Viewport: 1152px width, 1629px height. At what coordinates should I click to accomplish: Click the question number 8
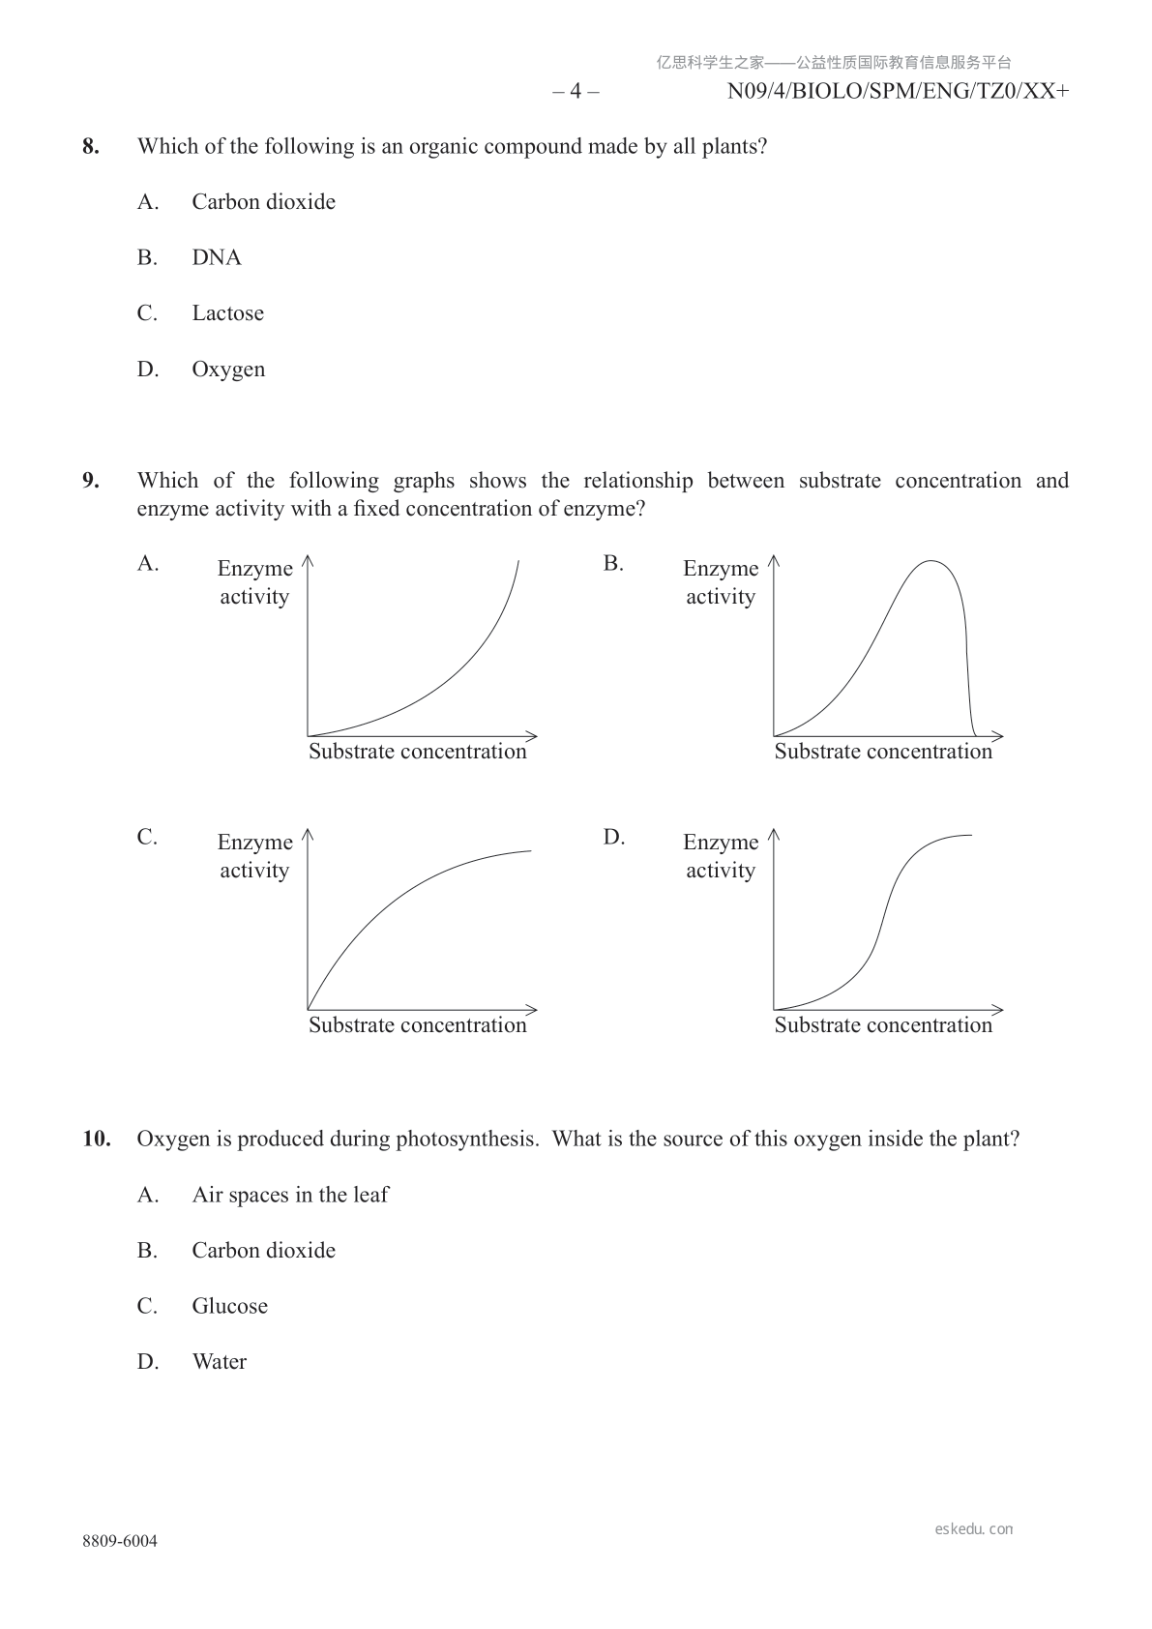[90, 147]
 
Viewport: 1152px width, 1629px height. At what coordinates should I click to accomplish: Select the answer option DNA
[217, 258]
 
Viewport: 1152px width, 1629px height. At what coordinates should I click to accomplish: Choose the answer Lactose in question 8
[227, 313]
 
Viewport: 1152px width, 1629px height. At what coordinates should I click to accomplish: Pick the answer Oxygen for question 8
[228, 370]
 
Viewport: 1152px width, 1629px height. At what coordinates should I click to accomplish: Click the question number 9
[90, 481]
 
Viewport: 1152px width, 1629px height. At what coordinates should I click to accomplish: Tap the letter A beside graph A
[147, 563]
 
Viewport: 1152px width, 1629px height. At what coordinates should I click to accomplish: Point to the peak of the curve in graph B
[931, 561]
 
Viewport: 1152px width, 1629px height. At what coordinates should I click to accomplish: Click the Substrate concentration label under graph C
[417, 1025]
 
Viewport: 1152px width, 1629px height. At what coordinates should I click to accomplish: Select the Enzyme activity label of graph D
[721, 856]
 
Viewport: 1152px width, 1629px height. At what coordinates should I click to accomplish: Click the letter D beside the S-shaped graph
[613, 837]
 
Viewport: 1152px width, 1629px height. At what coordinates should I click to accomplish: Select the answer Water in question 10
[220, 1362]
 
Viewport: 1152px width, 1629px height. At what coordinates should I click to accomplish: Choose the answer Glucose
[229, 1306]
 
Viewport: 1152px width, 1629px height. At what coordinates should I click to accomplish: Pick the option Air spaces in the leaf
[289, 1195]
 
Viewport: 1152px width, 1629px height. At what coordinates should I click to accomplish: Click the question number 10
[96, 1139]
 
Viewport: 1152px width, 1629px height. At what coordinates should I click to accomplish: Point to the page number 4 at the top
[576, 92]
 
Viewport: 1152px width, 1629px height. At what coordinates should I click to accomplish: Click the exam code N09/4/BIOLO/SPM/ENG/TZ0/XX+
[898, 92]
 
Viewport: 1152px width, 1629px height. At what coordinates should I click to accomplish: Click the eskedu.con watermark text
[973, 1529]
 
